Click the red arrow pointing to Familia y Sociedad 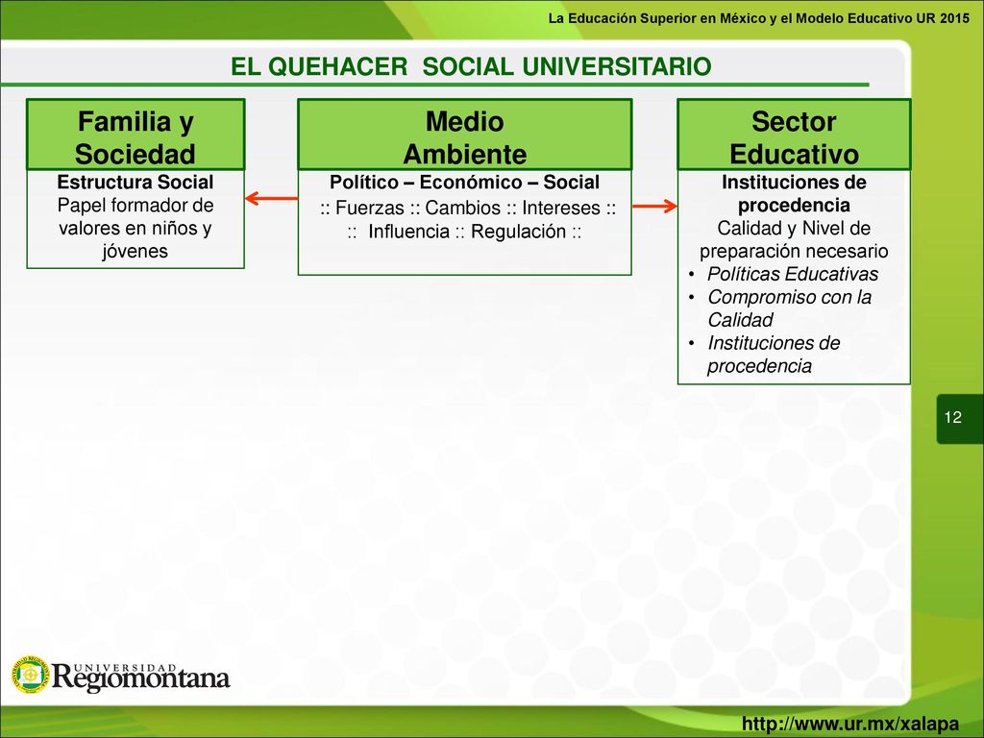272,199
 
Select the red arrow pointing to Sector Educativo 654,206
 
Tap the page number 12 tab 960,418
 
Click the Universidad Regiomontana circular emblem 30,675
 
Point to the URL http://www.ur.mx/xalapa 850,724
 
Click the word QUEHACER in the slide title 338,66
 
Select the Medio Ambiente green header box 464,135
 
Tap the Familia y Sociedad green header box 135,135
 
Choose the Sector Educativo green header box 794,135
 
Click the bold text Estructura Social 135,182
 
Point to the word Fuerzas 370,208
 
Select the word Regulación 518,232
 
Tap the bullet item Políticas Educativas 793,274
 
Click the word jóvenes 135,251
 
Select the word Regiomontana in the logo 140,678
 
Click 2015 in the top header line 954,18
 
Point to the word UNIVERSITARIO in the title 616,66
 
